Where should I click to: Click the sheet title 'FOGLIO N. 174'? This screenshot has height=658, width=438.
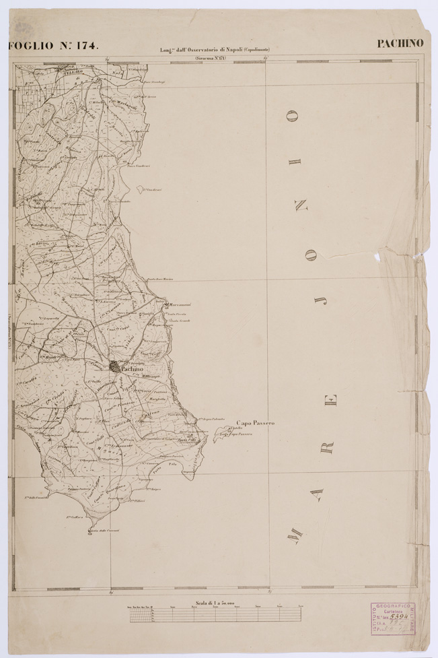click(54, 46)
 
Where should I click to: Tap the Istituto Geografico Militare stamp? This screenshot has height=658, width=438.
click(392, 619)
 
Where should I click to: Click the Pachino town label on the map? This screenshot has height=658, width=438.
click(133, 368)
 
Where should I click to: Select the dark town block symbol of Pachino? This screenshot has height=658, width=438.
click(114, 367)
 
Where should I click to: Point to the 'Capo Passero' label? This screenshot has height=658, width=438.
click(255, 423)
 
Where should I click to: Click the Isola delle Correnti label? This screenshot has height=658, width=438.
click(104, 531)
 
